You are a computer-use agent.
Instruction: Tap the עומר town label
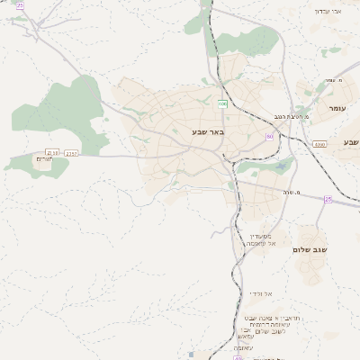point(337,108)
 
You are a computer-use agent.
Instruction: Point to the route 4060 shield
point(319,144)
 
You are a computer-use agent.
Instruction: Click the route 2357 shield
point(71,154)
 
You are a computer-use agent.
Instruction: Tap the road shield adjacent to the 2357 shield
point(52,154)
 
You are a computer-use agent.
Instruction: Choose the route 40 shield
point(238,357)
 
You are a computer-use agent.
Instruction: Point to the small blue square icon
point(192,354)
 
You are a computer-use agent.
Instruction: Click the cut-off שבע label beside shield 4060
point(350,142)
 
